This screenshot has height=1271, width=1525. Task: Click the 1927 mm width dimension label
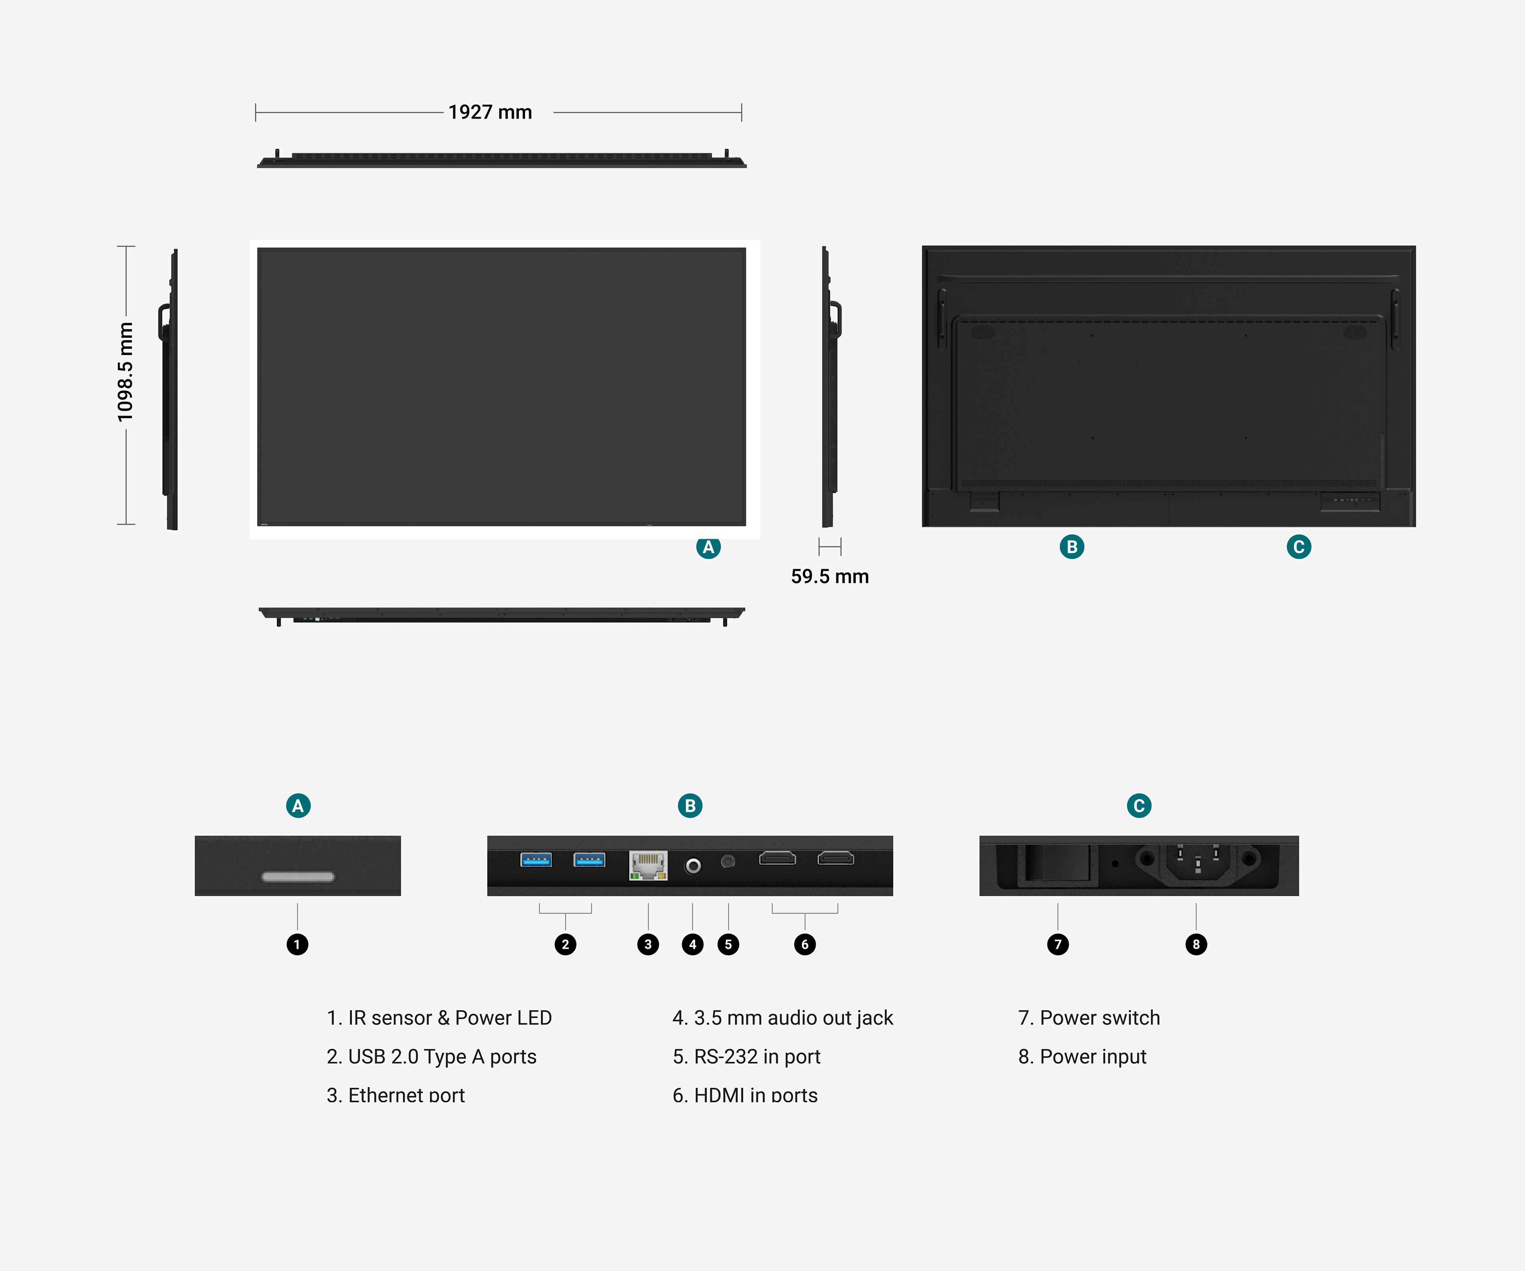[490, 112]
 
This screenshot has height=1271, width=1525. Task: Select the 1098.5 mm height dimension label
[125, 372]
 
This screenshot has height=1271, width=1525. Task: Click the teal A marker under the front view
[708, 547]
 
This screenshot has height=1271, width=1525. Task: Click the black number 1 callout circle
[297, 944]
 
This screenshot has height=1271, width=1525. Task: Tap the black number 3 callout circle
[648, 944]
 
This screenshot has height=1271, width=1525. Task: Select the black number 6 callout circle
[805, 944]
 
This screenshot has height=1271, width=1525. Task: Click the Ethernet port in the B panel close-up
[648, 865]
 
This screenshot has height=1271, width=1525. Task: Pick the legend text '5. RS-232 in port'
[747, 1057]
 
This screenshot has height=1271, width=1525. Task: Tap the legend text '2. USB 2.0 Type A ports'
[431, 1057]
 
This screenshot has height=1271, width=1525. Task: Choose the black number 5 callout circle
[728, 944]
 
